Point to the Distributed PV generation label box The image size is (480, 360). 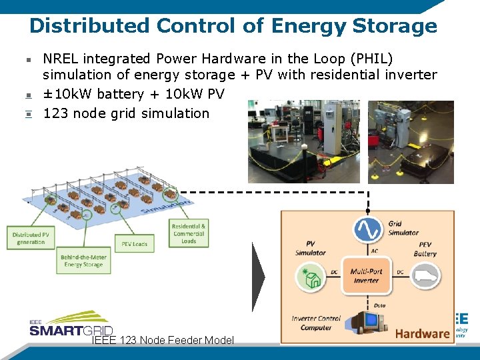coord(31,238)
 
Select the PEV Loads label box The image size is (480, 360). coord(134,244)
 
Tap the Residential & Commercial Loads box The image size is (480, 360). coord(189,233)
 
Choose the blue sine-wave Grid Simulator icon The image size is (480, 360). coord(367,229)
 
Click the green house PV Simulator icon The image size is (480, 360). coord(311,277)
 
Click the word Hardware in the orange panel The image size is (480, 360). coord(422,333)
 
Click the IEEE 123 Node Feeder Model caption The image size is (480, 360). coord(163,340)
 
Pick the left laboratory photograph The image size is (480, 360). coord(304,141)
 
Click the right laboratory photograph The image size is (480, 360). coord(411,142)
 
